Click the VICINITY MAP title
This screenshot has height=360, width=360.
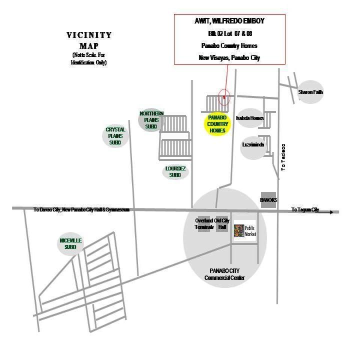[89, 39]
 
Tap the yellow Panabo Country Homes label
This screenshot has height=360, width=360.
[218, 123]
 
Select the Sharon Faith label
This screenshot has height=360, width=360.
[310, 92]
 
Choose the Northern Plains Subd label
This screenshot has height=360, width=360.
[151, 120]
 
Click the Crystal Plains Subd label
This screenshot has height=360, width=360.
[115, 136]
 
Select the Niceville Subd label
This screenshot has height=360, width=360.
[70, 243]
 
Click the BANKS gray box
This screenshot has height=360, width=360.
[268, 199]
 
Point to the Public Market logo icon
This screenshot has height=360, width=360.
[238, 231]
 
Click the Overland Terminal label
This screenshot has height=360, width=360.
[204, 223]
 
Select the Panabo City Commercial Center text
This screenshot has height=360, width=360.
[224, 274]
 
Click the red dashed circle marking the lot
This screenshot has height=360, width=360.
[224, 98]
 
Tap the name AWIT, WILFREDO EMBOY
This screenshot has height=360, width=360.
[229, 22]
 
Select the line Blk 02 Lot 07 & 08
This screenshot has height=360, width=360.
[229, 33]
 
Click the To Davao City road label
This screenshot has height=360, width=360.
[81, 210]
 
